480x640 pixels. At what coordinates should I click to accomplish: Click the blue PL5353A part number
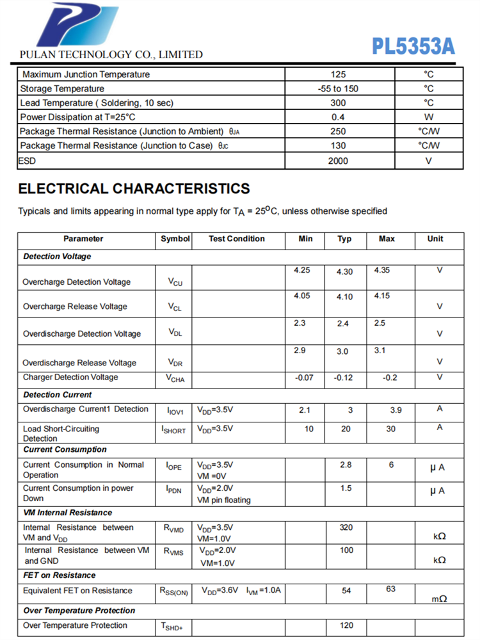click(x=413, y=46)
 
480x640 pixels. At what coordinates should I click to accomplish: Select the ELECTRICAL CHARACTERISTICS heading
click(x=134, y=189)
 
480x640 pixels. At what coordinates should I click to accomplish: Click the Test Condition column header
click(x=236, y=239)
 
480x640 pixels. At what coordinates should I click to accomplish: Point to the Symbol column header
click(x=175, y=239)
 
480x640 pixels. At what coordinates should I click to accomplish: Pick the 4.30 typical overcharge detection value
click(x=344, y=271)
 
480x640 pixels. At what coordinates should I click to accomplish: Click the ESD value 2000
click(x=338, y=161)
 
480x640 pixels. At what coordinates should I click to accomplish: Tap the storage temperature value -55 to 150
click(x=338, y=88)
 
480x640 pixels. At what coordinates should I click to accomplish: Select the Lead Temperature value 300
click(x=338, y=102)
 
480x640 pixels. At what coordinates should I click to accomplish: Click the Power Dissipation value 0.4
click(x=338, y=117)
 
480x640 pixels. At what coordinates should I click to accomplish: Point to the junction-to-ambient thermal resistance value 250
click(x=338, y=131)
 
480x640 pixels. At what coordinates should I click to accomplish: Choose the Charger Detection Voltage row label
click(x=70, y=377)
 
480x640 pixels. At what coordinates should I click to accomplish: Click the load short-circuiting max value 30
click(x=390, y=429)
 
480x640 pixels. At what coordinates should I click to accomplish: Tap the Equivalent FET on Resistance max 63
click(x=390, y=588)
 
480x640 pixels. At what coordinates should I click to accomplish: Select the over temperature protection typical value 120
click(x=346, y=625)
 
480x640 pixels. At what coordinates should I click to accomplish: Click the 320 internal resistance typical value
click(x=346, y=527)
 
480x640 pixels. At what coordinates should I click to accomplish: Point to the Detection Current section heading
click(x=58, y=394)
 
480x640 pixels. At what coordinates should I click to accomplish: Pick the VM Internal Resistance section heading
click(x=67, y=513)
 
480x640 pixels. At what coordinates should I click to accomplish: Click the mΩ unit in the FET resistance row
click(x=439, y=598)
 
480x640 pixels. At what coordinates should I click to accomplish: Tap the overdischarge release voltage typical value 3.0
click(x=343, y=351)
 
